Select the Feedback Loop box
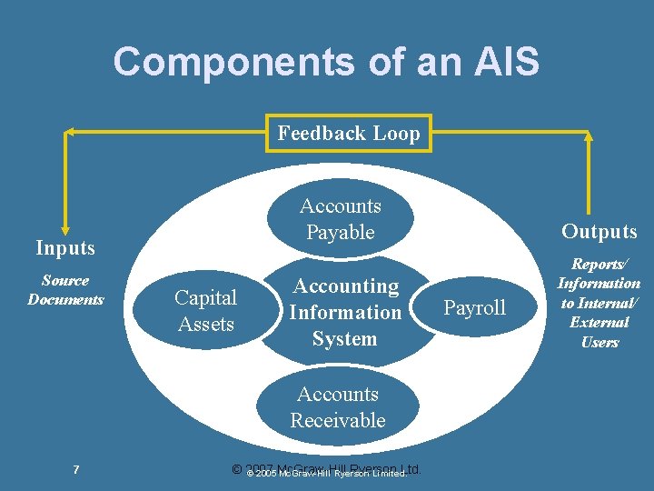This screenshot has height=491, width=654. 349,134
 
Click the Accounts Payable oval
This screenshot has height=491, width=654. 341,219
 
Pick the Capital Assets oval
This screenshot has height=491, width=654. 205,311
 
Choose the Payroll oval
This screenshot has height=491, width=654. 474,308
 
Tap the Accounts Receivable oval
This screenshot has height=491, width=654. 338,406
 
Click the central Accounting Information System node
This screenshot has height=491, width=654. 344,312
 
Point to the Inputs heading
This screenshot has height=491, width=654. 65,247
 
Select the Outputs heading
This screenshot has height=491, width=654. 599,232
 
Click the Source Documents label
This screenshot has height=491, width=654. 65,290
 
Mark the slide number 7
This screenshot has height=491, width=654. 76,469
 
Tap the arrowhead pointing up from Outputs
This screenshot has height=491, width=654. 589,136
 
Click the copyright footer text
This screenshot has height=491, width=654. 327,471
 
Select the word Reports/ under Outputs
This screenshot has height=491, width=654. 599,264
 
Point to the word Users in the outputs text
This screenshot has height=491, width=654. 599,342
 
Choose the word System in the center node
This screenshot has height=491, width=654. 344,339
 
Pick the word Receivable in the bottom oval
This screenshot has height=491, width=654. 338,420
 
